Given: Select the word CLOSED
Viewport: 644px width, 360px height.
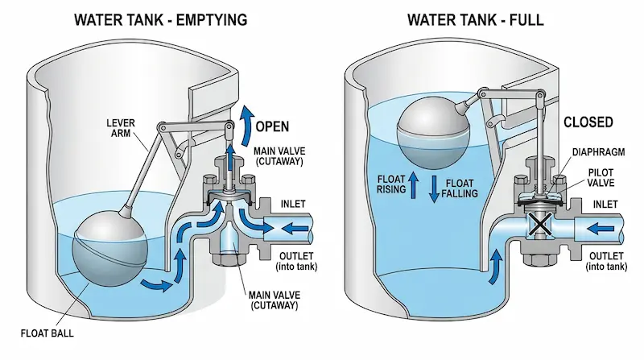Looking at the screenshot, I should coord(588,122).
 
